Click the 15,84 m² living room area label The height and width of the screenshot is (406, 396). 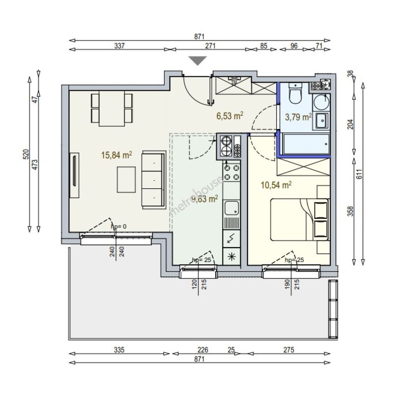(117, 155)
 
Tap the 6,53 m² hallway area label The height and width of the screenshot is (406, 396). (230, 115)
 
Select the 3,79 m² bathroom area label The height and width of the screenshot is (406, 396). (298, 117)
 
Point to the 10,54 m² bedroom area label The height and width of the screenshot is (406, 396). (276, 185)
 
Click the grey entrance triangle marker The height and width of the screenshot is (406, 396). (197, 60)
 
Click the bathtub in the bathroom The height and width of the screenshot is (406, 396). (306, 144)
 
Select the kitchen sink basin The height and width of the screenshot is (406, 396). (232, 208)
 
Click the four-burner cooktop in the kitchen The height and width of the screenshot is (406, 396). (232, 173)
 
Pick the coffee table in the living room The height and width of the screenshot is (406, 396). (126, 180)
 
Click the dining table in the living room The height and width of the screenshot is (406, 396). (112, 108)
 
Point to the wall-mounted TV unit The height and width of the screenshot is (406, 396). (74, 175)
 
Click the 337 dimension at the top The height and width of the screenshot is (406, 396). (120, 46)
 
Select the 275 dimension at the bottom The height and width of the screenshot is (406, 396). (289, 350)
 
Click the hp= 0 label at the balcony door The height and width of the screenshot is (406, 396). (118, 227)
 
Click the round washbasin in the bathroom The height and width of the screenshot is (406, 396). (322, 102)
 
